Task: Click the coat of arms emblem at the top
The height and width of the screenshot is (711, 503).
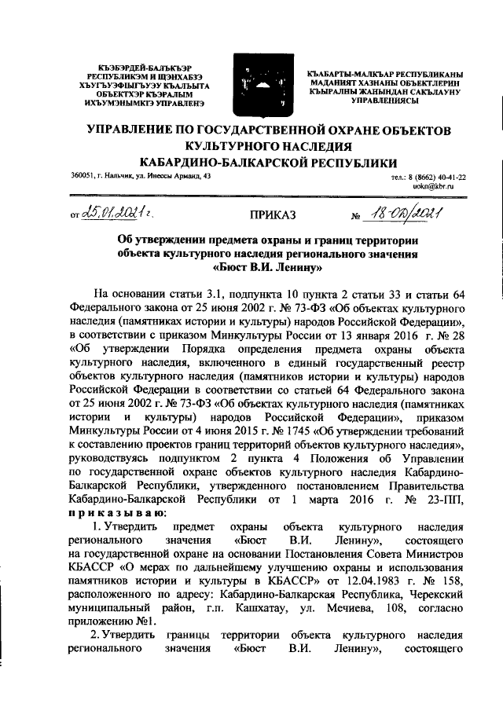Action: click(x=252, y=80)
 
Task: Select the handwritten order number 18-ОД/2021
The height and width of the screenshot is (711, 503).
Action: click(x=406, y=211)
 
